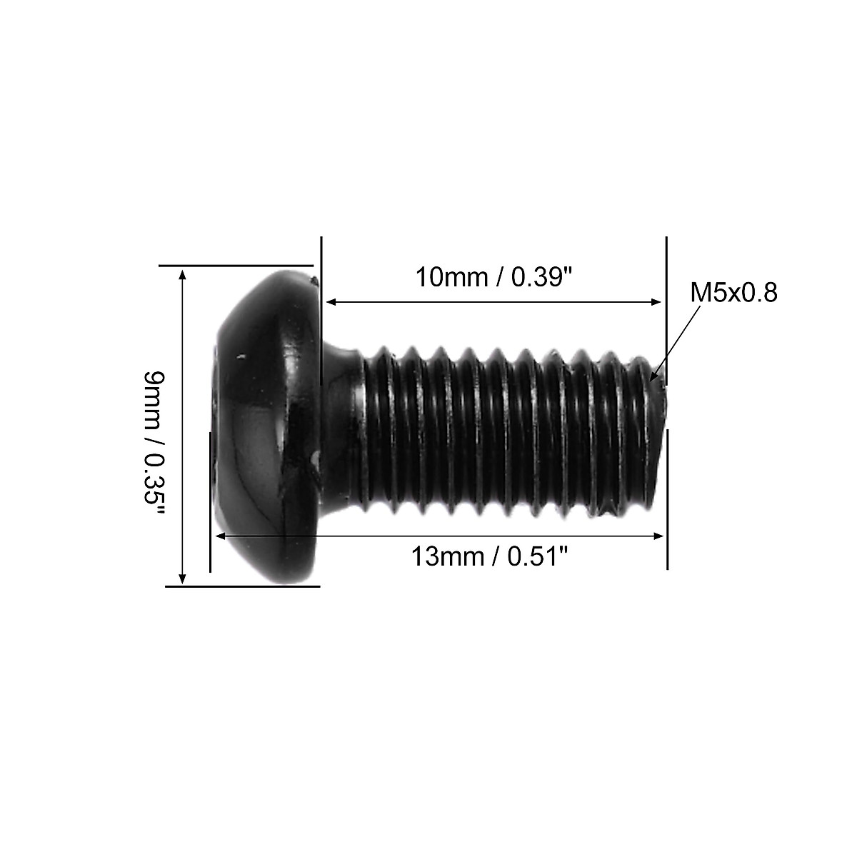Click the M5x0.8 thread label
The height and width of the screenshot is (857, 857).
(733, 293)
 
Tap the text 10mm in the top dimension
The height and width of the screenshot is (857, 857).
(451, 277)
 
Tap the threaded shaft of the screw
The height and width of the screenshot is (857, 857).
(500, 428)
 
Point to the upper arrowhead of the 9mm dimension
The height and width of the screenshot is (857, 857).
(183, 275)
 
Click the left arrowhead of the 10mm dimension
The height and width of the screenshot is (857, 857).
(330, 302)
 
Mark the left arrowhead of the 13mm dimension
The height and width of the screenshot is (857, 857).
(220, 534)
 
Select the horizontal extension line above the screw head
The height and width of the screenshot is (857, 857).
(236, 265)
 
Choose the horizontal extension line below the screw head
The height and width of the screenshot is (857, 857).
(243, 586)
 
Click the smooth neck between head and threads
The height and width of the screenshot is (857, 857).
(341, 428)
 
